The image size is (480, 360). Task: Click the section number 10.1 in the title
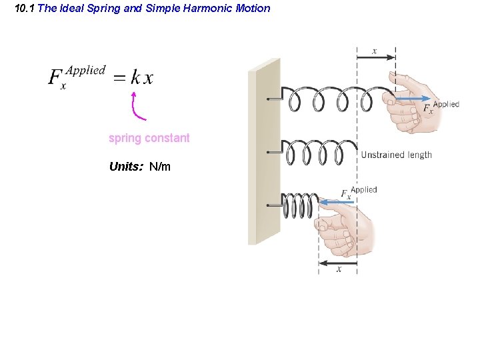(x=25, y=9)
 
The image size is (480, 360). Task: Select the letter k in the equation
(x=135, y=78)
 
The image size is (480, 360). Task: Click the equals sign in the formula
(x=118, y=79)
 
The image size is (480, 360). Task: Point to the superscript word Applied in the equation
(x=86, y=70)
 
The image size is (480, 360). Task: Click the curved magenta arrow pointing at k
(x=137, y=107)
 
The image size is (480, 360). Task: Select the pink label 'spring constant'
(x=149, y=138)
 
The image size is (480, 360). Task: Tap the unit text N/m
(x=160, y=166)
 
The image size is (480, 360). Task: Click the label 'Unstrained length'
(x=396, y=155)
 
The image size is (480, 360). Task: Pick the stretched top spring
(x=333, y=99)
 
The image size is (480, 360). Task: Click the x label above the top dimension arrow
(x=374, y=51)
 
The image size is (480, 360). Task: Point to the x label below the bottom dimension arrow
(x=339, y=269)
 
